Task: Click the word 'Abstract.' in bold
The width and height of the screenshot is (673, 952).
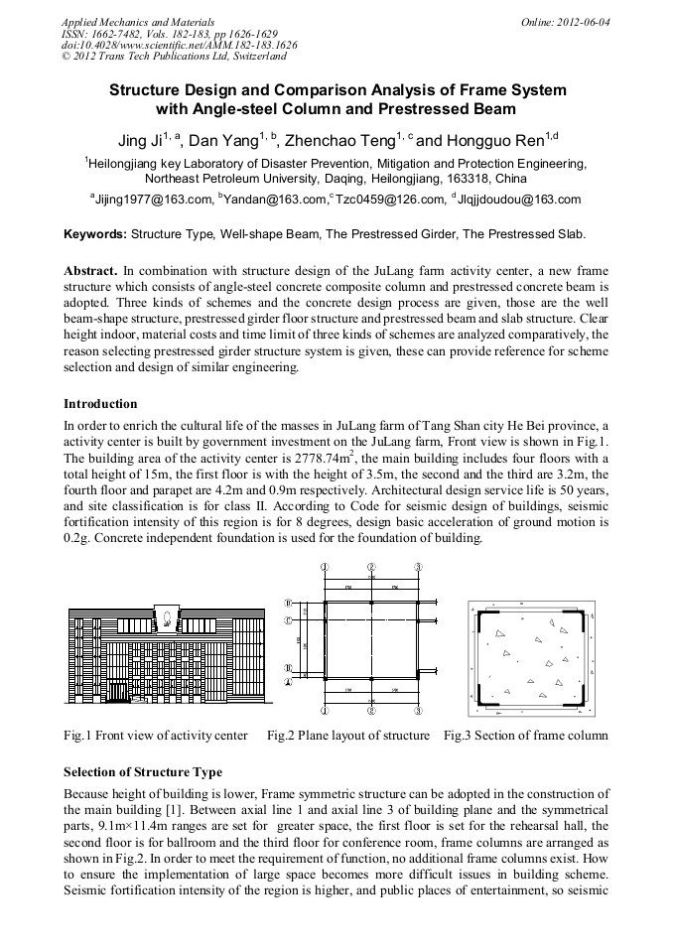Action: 91,270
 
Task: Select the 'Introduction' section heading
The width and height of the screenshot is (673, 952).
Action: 100,404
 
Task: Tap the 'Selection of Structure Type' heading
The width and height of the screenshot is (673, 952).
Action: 143,771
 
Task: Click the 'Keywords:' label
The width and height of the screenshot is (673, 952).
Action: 94,234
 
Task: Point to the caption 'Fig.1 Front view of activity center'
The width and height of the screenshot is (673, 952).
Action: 156,736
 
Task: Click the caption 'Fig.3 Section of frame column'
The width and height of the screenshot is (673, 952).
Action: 525,736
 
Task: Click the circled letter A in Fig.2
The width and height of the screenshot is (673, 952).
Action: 289,683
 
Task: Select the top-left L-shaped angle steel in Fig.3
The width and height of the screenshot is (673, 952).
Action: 487,620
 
